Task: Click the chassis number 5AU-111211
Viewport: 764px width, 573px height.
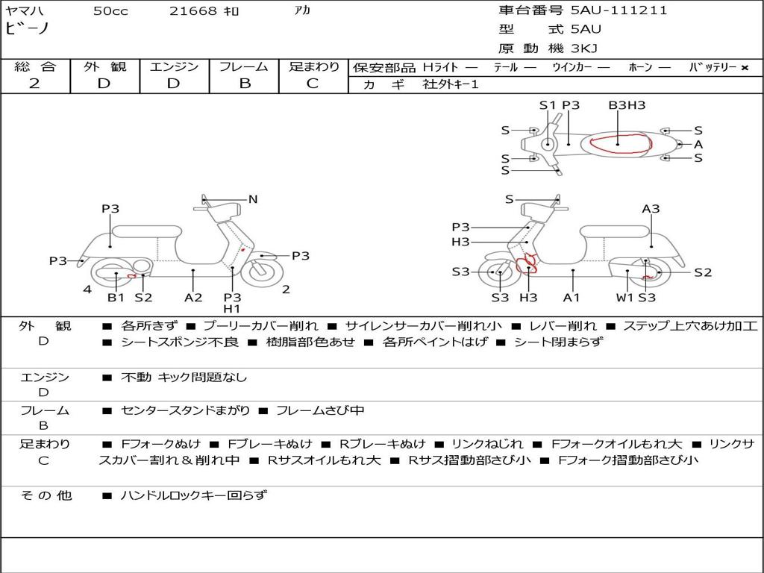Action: [619, 10]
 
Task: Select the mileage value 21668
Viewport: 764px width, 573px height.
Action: [193, 11]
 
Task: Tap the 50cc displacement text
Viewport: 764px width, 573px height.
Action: [110, 11]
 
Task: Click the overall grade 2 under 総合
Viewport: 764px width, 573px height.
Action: [34, 84]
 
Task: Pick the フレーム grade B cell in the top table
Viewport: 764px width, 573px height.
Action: [244, 84]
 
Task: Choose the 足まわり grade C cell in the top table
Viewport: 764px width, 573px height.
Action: [313, 84]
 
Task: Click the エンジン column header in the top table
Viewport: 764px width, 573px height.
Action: [174, 66]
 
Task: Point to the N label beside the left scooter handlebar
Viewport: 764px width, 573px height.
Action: [253, 199]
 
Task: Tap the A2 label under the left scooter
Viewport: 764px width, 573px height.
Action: [193, 298]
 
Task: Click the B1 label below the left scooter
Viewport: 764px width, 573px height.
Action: [116, 298]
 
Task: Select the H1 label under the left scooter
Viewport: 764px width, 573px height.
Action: [232, 309]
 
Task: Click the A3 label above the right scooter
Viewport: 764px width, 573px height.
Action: [651, 209]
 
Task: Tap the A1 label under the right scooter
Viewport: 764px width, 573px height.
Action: [572, 298]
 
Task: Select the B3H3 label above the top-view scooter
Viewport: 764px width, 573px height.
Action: [627, 105]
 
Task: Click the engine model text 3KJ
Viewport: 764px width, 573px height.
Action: [585, 48]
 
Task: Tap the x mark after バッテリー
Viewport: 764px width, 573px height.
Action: [745, 67]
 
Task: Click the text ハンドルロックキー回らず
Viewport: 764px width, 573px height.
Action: [193, 495]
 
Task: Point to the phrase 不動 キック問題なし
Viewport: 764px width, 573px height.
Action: [184, 378]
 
